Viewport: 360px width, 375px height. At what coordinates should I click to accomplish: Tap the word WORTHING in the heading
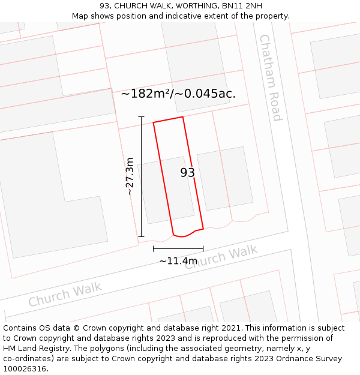pos(189,6)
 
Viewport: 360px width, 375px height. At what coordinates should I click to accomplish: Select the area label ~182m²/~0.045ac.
pos(178,94)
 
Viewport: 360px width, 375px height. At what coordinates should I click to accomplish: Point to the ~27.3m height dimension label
pos(130,176)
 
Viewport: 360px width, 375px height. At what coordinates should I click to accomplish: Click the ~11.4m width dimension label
pos(178,261)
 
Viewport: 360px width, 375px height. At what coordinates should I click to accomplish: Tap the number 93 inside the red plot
pos(188,173)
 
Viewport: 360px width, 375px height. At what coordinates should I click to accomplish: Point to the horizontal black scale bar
pos(178,248)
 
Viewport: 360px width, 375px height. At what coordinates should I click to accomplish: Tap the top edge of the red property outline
pos(168,119)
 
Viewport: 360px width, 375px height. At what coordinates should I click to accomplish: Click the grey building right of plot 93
pos(225,178)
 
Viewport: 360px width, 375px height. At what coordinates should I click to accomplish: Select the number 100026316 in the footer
pos(25,369)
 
